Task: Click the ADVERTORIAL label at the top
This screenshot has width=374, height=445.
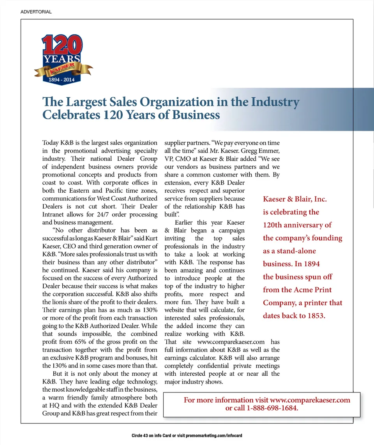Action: tap(36, 12)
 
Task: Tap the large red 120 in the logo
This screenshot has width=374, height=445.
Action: tap(62, 46)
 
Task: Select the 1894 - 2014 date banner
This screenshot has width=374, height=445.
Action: tap(59, 79)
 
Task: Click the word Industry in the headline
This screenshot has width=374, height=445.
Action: tap(275, 102)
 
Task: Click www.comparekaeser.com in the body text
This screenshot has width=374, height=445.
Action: tap(231, 342)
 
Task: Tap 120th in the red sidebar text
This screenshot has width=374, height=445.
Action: tap(272, 225)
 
